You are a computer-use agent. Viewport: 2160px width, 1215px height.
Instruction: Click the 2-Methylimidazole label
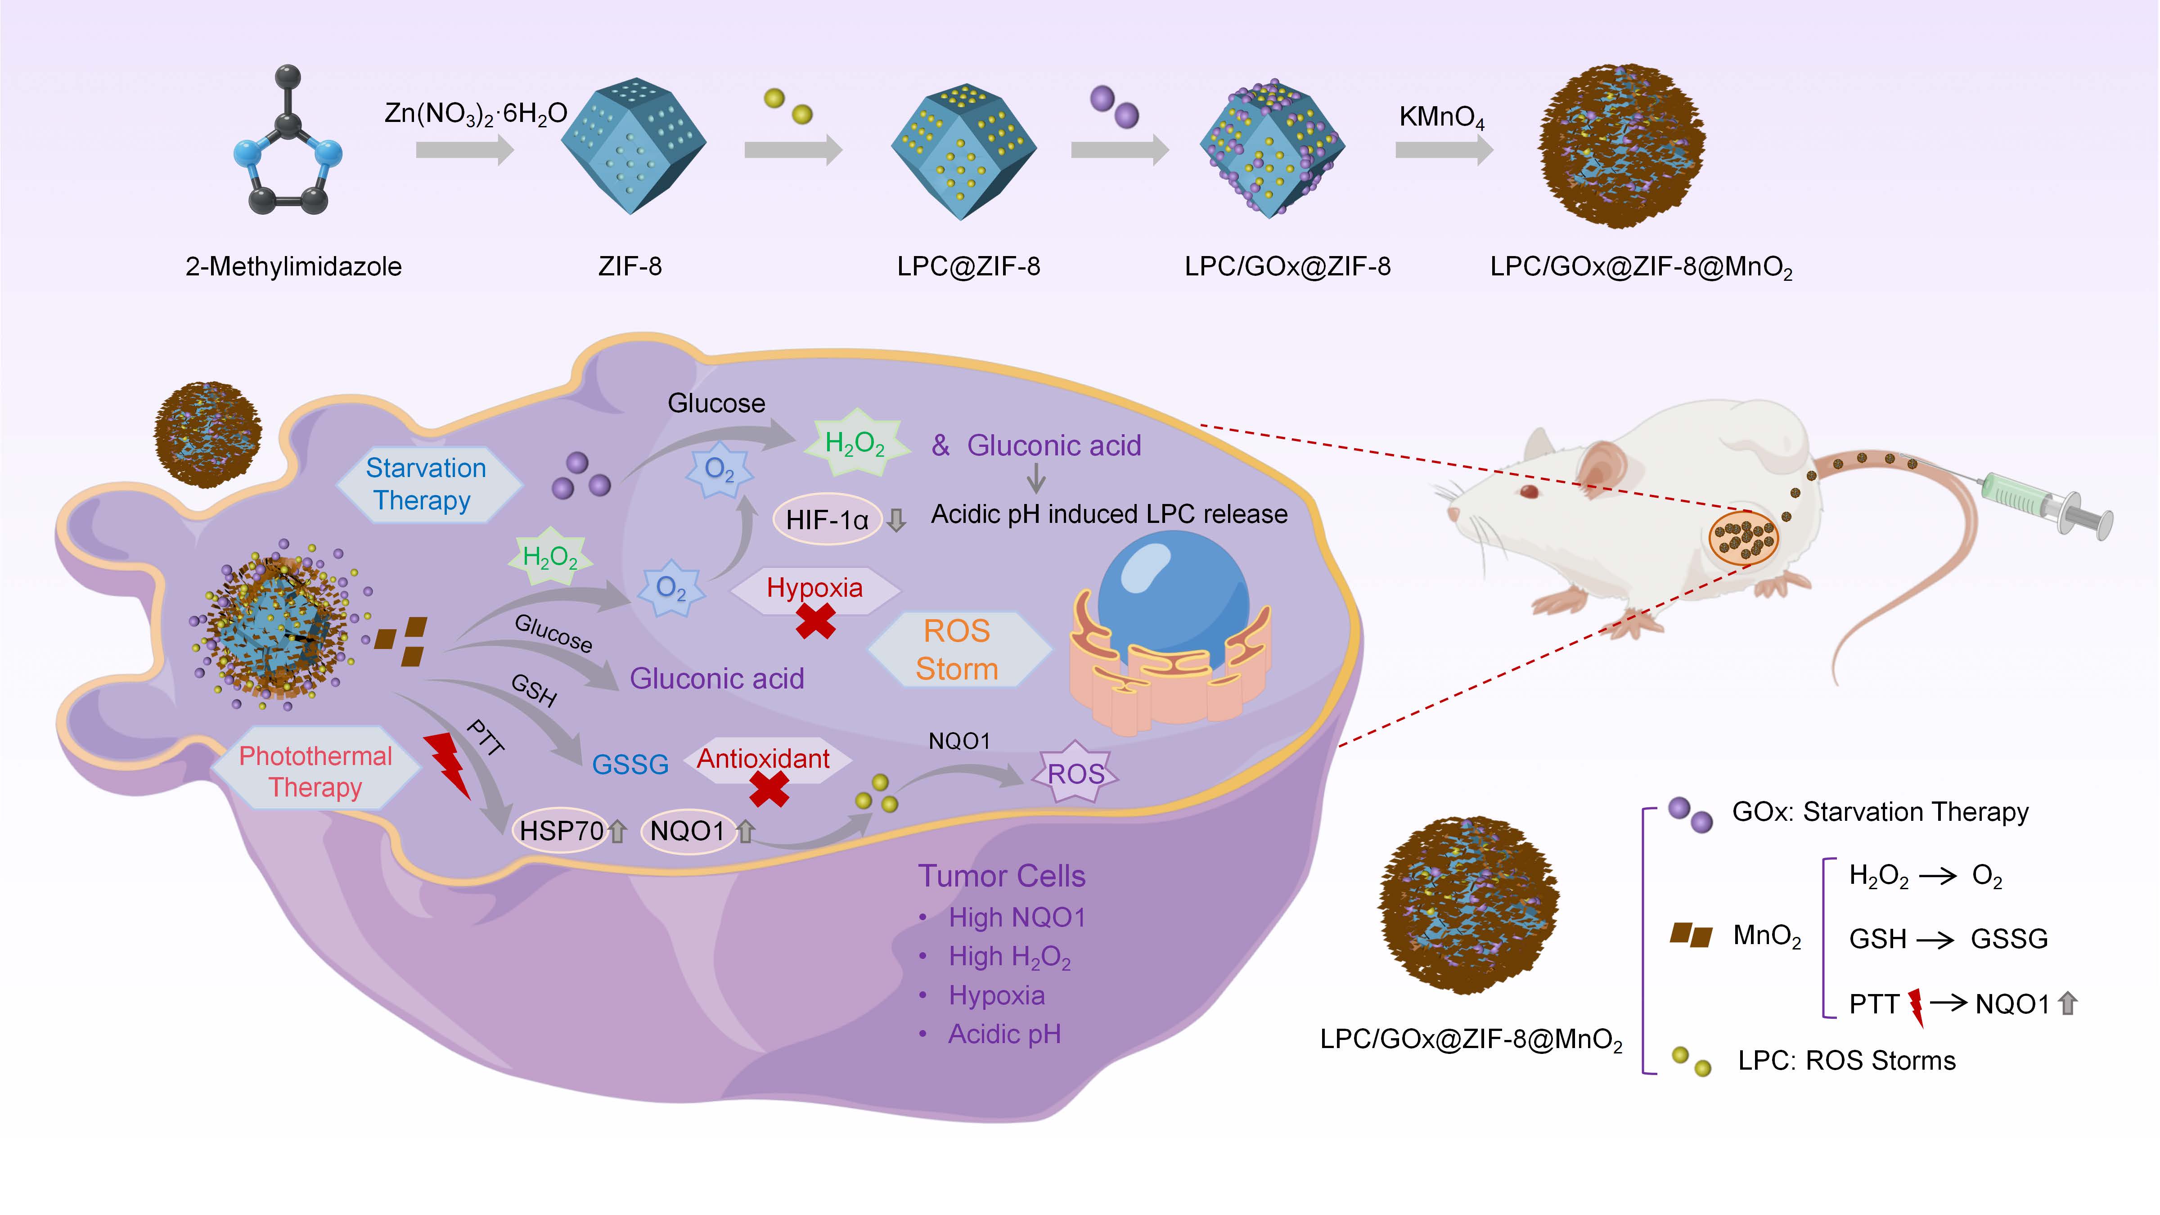point(293,267)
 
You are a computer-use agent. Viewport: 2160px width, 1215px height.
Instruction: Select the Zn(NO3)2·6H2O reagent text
point(476,113)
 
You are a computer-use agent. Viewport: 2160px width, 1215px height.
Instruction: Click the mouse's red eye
point(1530,490)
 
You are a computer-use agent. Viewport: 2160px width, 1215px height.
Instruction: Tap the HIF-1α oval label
point(827,520)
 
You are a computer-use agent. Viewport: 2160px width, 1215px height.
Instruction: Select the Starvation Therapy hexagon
point(427,484)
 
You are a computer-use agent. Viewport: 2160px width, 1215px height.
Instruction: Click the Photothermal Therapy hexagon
point(315,771)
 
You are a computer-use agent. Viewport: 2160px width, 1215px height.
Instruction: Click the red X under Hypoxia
point(815,621)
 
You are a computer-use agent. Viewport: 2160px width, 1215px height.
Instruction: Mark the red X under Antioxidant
point(768,789)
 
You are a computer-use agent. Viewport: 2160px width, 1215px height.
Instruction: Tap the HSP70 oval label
point(561,831)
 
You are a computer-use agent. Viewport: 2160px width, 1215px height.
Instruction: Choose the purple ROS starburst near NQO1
point(1076,773)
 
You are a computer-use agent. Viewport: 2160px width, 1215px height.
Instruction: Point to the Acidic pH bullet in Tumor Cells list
point(1003,1034)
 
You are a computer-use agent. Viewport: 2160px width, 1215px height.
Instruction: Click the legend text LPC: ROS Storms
point(1846,1061)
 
